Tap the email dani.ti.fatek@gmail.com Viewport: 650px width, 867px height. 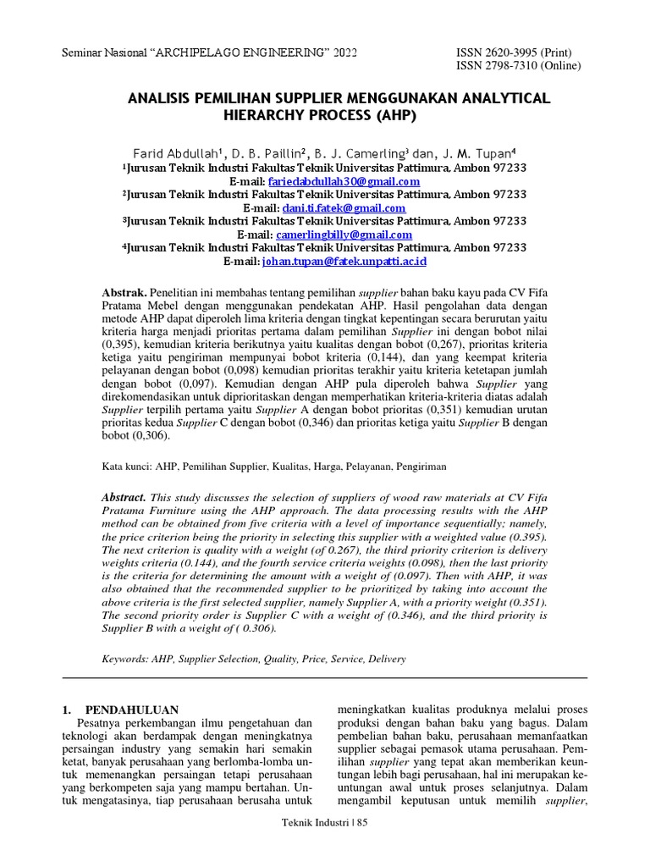tap(344, 207)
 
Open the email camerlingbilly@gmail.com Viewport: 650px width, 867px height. tap(344, 235)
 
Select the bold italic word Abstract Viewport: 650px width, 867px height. tap(124, 498)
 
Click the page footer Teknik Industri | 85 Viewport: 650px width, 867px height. tap(324, 822)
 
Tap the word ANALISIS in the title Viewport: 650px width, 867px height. tap(162, 98)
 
